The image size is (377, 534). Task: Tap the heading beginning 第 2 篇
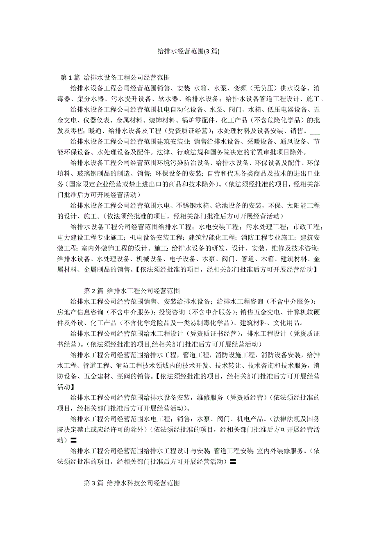coord(132,291)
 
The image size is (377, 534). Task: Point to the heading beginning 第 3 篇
coord(132,483)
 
